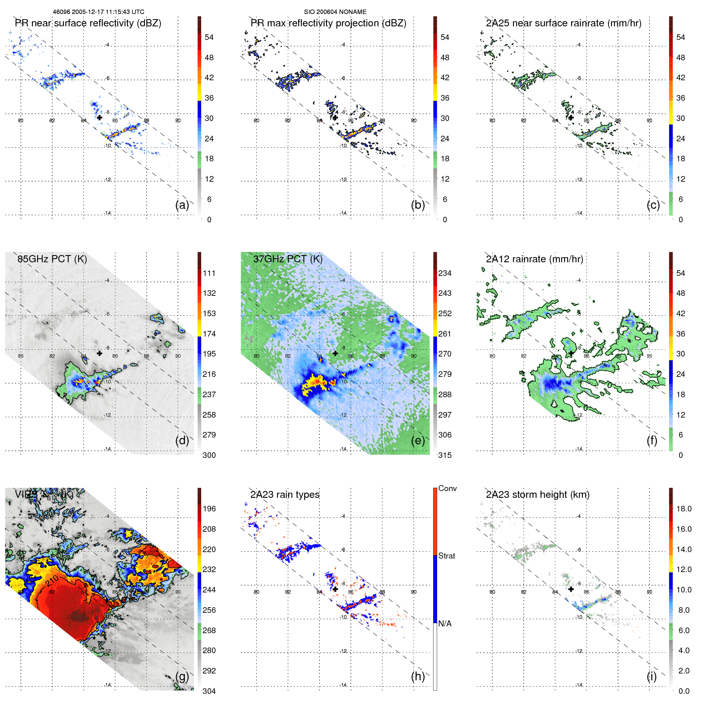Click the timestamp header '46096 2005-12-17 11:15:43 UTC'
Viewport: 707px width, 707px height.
99,12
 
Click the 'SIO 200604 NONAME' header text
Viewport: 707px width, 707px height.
335,12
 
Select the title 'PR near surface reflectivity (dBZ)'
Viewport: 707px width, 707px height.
88,23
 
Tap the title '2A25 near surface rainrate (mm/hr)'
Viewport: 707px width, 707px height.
563,23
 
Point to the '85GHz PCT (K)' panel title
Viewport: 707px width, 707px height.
52,259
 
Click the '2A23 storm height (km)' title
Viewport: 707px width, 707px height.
537,495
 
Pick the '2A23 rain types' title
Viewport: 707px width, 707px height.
285,495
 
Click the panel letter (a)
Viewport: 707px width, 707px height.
182,205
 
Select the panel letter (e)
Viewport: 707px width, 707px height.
418,441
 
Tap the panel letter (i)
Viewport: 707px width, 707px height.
652,676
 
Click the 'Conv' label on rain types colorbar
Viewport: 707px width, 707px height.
447,488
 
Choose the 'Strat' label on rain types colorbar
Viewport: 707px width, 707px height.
446,556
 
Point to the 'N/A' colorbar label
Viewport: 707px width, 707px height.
445,624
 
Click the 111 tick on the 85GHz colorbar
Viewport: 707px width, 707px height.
209,273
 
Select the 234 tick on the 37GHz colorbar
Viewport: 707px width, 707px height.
445,273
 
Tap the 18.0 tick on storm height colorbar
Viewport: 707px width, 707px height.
683,509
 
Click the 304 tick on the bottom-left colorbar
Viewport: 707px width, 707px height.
209,691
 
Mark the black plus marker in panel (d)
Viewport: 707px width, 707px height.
99,353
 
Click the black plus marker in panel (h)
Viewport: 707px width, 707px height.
335,589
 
